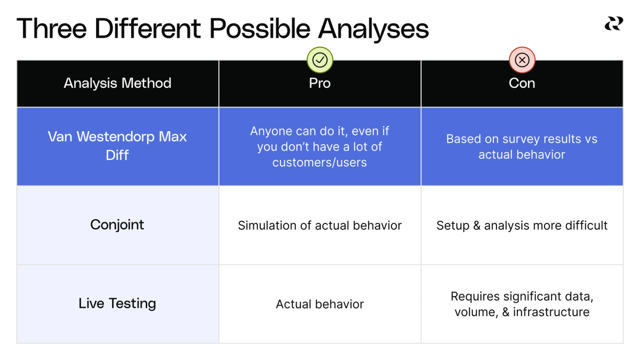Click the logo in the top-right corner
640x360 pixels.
click(613, 23)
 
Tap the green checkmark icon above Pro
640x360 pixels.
click(320, 60)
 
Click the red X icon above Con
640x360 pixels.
click(522, 60)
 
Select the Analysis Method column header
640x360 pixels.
click(117, 83)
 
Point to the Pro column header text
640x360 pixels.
click(320, 83)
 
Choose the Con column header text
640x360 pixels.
click(522, 83)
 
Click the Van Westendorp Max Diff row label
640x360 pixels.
click(117, 146)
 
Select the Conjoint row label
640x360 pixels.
click(117, 225)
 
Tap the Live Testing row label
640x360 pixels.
click(117, 303)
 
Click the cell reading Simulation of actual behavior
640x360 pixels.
click(320, 226)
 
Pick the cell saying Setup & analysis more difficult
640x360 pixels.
click(522, 226)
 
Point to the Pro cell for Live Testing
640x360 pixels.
click(320, 305)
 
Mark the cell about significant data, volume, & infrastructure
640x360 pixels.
click(522, 304)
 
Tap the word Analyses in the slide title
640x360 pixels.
click(374, 29)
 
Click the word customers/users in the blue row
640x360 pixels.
click(320, 163)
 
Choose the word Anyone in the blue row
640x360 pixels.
click(271, 131)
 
